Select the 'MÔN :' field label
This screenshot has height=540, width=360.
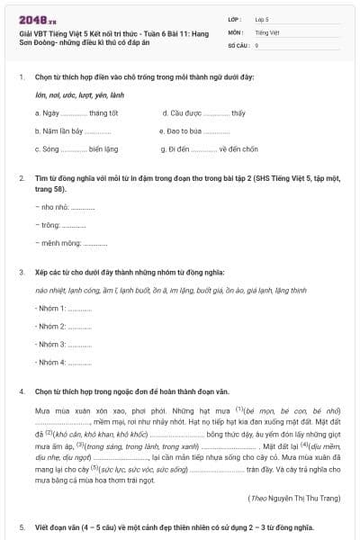click(x=236, y=31)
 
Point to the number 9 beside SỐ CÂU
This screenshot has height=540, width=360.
click(x=256, y=44)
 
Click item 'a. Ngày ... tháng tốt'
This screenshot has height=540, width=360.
click(x=76, y=113)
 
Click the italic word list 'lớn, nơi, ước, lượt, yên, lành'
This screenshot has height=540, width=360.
click(x=80, y=95)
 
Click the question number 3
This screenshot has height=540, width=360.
click(x=22, y=271)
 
